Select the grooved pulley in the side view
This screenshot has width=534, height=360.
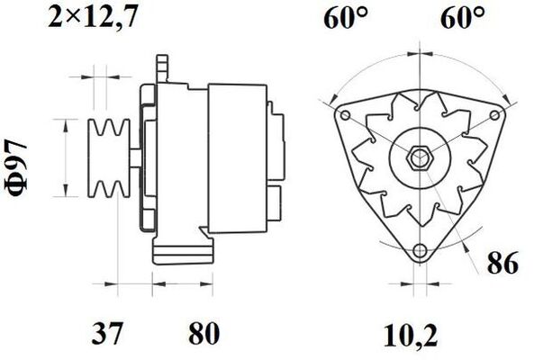104,161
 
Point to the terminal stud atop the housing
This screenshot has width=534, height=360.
163,68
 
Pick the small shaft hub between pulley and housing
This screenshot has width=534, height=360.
131,160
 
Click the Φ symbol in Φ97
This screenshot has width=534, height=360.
20,186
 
